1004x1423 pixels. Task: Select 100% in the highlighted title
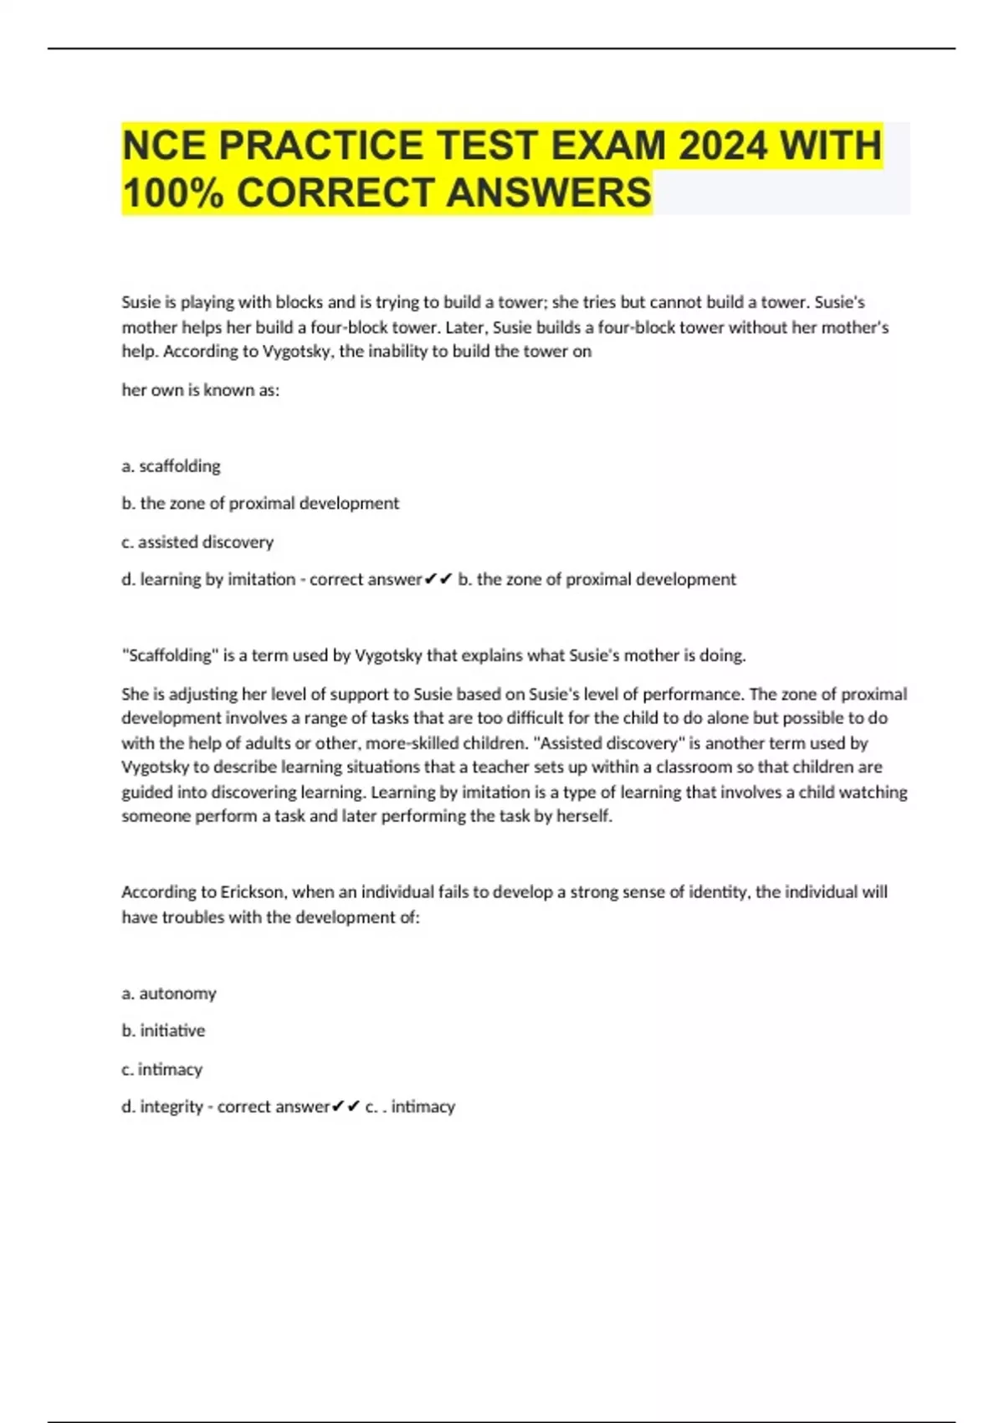[173, 193]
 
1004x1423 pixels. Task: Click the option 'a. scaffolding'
[172, 466]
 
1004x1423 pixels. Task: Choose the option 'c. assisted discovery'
[197, 542]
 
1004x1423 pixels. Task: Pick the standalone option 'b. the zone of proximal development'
[260, 504]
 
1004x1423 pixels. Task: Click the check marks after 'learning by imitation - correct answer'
[438, 579]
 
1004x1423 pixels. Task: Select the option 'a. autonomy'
[169, 994]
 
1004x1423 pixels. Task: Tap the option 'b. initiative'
[163, 1031]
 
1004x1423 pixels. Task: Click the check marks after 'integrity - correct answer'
[346, 1107]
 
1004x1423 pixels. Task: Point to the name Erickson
[251, 892]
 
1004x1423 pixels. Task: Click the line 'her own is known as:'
[201, 390]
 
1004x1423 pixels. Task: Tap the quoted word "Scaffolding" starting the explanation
[171, 655]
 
